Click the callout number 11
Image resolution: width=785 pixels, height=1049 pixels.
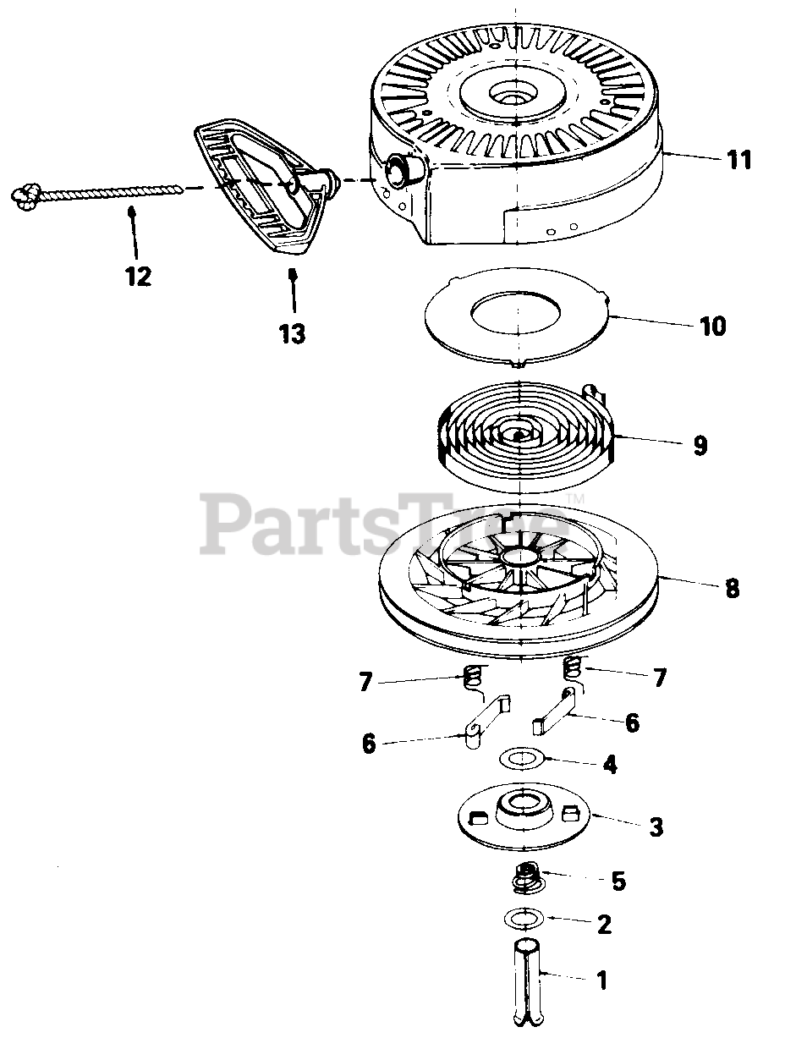click(x=738, y=159)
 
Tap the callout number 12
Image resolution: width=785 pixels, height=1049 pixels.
click(x=136, y=276)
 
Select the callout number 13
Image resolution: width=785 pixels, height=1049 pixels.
click(x=292, y=332)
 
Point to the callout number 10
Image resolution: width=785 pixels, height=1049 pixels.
click(x=712, y=326)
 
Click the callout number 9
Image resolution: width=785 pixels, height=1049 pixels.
click(x=700, y=446)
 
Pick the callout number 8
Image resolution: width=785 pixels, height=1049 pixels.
click(x=732, y=588)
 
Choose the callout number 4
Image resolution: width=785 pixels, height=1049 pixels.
click(x=609, y=765)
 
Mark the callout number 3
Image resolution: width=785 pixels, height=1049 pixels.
click(x=656, y=827)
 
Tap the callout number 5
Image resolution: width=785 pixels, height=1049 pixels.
click(x=618, y=881)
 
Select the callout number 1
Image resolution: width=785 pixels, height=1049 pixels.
click(x=601, y=981)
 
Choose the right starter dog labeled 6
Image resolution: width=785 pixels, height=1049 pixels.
click(x=557, y=711)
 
